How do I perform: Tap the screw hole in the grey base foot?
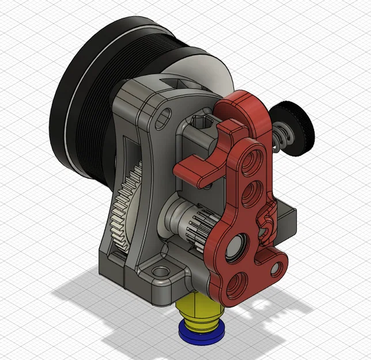click(x=158, y=270)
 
